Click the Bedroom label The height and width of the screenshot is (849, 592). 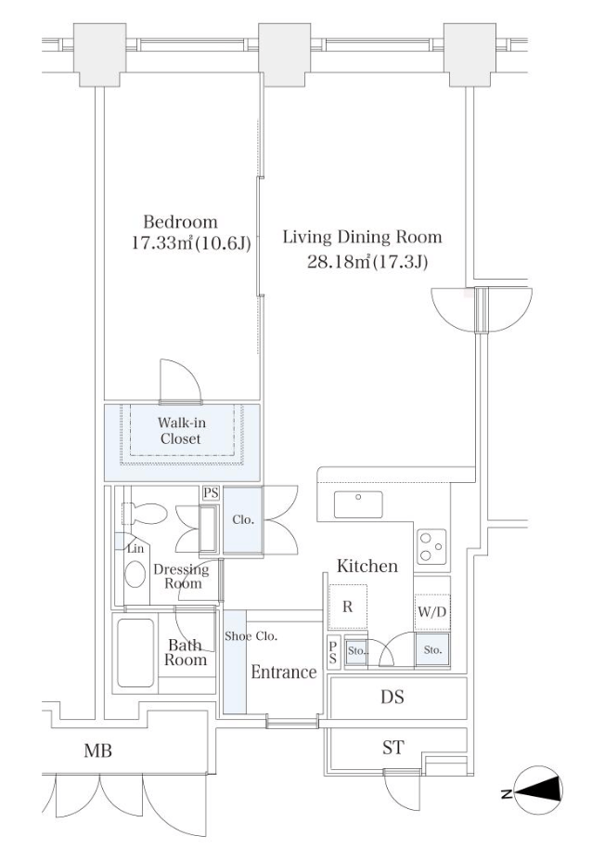pos(180,222)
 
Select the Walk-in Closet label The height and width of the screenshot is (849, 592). pos(181,431)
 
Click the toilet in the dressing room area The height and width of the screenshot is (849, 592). pos(145,514)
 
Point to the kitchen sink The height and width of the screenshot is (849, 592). pos(358,504)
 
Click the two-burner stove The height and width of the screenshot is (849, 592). pos(431,546)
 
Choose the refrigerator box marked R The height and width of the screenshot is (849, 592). pos(348,607)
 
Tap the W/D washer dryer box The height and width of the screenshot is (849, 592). pos(432,612)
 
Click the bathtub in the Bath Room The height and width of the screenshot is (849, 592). pos(135,652)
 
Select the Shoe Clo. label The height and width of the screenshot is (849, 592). pos(251,636)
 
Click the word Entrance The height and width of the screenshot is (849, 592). pos(284,672)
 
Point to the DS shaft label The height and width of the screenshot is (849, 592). pos(392,697)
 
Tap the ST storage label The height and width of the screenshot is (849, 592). pos(393,748)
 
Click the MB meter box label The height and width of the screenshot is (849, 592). pos(97,751)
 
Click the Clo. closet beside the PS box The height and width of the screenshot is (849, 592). pos(243,520)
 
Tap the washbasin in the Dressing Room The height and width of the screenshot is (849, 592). pos(135,574)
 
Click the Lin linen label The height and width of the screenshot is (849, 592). pos(135,548)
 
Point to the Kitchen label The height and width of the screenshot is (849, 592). pos(367,566)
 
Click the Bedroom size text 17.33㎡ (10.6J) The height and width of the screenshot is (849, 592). pos(191,243)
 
